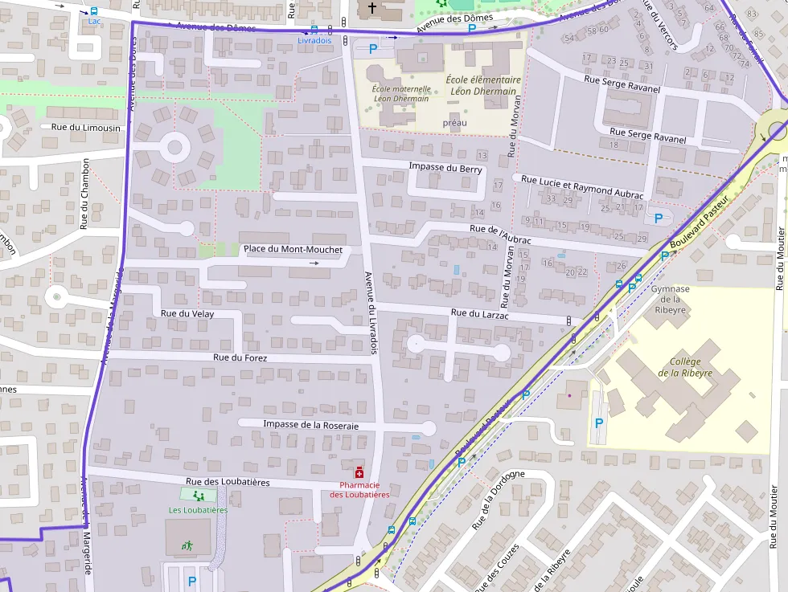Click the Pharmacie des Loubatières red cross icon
click(x=359, y=473)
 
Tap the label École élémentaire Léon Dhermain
click(x=482, y=85)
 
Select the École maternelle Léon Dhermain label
click(x=400, y=93)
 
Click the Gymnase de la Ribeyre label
click(x=670, y=299)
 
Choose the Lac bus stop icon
click(x=94, y=11)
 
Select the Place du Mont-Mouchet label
click(x=293, y=249)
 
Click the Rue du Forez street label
click(x=240, y=357)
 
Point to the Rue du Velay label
click(x=187, y=313)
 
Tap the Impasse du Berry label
click(x=445, y=167)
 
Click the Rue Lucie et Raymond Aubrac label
click(x=582, y=187)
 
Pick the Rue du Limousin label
click(x=85, y=128)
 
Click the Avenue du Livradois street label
click(x=371, y=309)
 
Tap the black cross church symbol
click(x=371, y=8)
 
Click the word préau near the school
click(x=454, y=123)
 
